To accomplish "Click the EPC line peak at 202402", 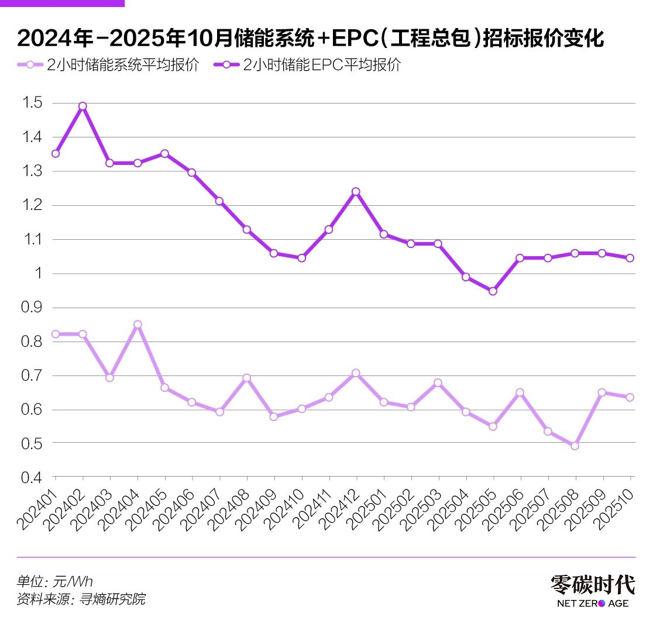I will (83, 106).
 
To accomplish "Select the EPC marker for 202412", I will (356, 191).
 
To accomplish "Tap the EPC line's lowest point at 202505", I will (493, 291).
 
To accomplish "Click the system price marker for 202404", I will (138, 324).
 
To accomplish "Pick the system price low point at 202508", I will (575, 446).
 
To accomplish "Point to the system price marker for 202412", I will (356, 373).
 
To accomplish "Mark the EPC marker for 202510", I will (630, 258).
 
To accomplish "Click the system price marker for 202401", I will (56, 334).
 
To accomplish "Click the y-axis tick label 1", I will (38, 274).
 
